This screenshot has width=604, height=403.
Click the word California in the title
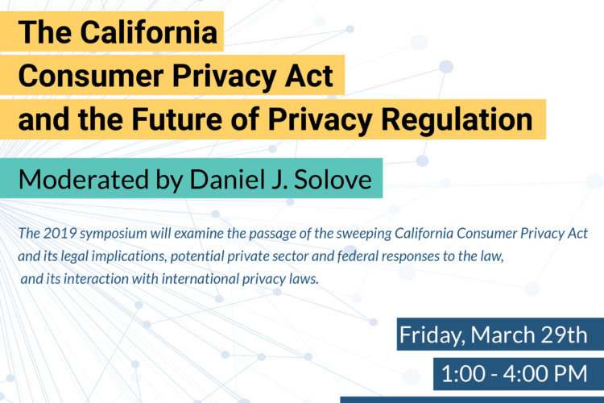point(149,32)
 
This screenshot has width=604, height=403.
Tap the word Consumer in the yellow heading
point(91,76)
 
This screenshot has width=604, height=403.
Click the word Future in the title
point(177,119)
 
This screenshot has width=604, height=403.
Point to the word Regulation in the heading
point(457,121)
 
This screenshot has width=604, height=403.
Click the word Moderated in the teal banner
point(84,180)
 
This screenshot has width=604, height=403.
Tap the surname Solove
point(333,180)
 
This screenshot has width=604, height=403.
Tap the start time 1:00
point(463,374)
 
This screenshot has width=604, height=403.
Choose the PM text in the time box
point(570,374)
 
